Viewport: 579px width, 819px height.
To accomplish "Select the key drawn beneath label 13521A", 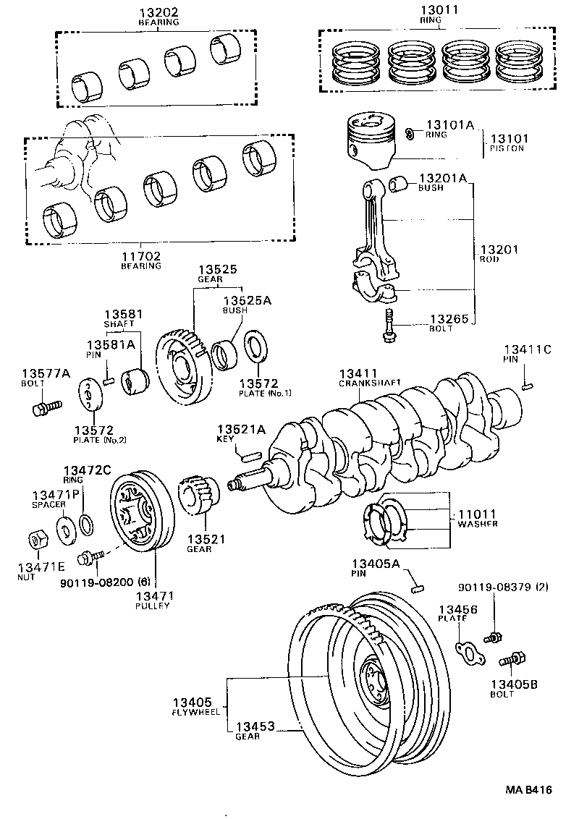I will pos(250,456).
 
